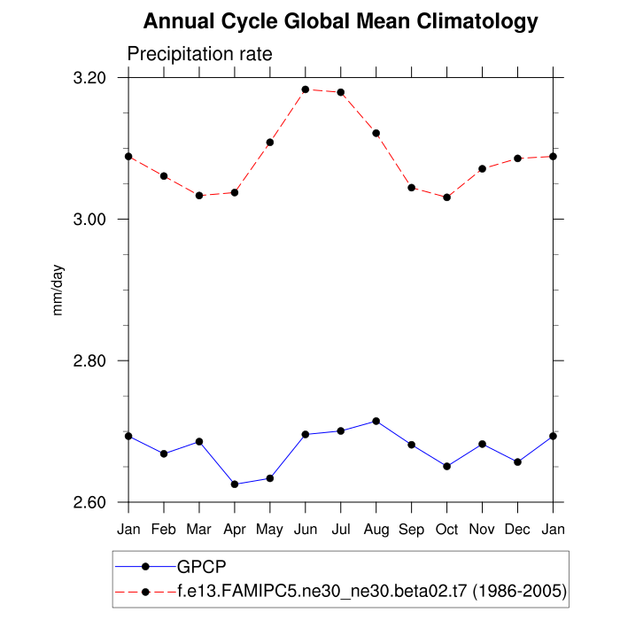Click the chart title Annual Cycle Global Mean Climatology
(340, 21)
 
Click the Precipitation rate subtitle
(199, 54)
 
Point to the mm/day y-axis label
(58, 289)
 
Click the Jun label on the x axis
(306, 529)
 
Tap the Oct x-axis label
(446, 529)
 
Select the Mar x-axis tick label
(199, 529)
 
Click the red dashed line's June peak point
(306, 89)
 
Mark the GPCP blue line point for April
(235, 484)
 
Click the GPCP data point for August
(376, 421)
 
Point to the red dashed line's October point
(447, 198)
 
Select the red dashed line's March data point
(199, 195)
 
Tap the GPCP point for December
(518, 461)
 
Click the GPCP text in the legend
(201, 568)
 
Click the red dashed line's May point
(270, 143)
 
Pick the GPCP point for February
(164, 453)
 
